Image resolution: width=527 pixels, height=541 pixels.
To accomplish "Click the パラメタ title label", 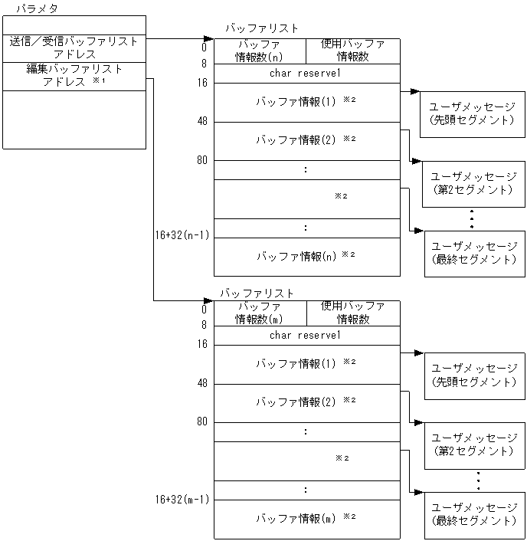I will [37, 8].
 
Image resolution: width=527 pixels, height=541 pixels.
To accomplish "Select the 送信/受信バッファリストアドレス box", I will [74, 48].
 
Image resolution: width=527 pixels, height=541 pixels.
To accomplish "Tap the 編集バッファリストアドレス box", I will [74, 76].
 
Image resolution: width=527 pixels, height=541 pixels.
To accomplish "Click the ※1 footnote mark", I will [98, 80].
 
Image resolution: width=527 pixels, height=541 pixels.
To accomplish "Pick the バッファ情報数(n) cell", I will [259, 51].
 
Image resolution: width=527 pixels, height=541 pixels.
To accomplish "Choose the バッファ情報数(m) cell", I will [259, 313].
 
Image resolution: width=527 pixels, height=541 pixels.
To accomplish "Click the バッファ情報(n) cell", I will [306, 256].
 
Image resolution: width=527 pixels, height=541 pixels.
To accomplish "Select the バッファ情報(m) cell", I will [306, 519].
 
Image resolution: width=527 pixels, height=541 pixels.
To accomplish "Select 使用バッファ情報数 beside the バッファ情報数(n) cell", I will [352, 51].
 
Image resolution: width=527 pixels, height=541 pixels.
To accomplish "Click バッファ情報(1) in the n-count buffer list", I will [306, 101].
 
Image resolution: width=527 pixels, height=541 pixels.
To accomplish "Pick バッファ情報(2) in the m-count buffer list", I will [306, 402].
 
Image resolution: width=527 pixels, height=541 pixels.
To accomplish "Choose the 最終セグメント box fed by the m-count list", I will [474, 514].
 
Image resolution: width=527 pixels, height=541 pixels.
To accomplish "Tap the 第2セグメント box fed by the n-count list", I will [474, 183].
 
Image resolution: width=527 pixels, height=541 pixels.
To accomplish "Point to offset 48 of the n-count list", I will [202, 120].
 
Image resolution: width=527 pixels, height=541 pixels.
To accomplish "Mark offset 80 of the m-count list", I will [202, 421].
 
